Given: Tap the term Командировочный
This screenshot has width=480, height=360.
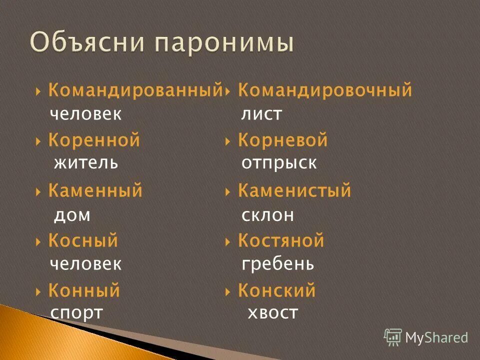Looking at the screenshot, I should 325,90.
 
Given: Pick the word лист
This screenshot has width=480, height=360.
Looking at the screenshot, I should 261,114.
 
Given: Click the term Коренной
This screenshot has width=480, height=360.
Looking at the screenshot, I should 94,140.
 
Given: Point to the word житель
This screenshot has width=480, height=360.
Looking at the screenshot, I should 85,163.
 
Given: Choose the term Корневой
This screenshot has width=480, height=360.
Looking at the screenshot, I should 282,140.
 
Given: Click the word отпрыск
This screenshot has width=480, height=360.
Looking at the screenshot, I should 278,163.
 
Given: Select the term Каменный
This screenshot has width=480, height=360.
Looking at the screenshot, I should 95,190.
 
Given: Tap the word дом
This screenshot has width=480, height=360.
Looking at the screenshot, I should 71,215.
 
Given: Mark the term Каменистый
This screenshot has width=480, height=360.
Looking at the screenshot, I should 294,190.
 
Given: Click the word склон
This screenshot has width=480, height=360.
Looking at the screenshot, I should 267,215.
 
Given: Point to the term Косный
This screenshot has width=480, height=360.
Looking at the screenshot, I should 83,241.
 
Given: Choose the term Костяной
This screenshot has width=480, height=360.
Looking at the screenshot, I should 281,241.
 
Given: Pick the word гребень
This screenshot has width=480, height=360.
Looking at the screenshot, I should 277,264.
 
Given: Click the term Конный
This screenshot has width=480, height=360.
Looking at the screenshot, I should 84,290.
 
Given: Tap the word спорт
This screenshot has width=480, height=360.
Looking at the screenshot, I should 76,313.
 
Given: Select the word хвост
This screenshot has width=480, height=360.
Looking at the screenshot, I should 272,313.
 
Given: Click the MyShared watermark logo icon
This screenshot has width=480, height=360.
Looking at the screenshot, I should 393,337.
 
